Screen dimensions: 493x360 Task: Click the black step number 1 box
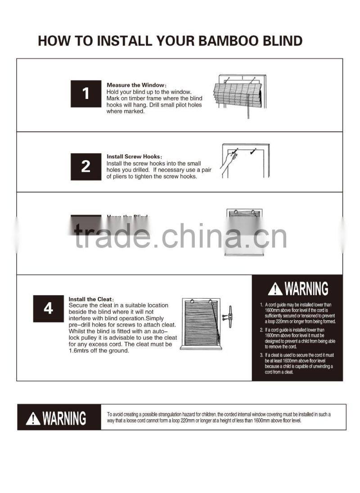(x=85, y=94)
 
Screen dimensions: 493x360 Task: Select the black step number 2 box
(x=85, y=166)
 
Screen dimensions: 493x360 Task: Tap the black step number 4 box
(x=48, y=309)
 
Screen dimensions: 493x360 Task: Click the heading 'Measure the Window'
(x=136, y=85)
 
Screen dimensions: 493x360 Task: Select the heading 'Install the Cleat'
(x=90, y=299)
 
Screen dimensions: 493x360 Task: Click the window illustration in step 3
(x=244, y=232)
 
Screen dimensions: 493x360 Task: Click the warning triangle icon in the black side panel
(x=275, y=289)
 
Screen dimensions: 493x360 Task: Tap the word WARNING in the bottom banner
(x=64, y=418)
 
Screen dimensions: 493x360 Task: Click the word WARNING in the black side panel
(x=306, y=289)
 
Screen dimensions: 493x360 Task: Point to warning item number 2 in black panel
(x=300, y=338)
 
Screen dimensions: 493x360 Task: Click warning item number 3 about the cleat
(x=300, y=363)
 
